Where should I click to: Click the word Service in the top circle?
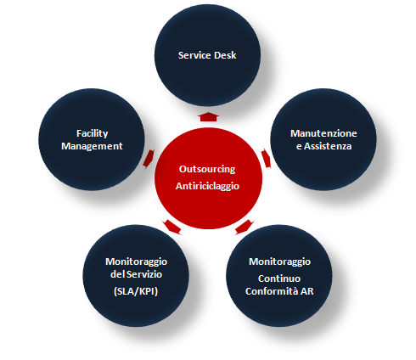pos(194,55)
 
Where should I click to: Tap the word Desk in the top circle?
pos(225,55)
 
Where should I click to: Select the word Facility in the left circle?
pos(93,133)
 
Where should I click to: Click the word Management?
pos(92,146)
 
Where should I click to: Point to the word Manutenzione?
pos(323,133)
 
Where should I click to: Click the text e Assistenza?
pos(323,146)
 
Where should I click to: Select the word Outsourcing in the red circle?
pos(207,169)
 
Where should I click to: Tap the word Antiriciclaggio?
pos(207,186)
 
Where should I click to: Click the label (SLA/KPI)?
pos(136,291)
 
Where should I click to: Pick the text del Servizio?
pos(136,274)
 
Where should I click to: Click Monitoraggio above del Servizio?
pos(137,262)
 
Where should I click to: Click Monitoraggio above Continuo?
pos(279,262)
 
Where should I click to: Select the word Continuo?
pos(279,278)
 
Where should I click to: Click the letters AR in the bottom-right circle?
pos(306,291)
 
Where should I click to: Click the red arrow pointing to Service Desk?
pos(208,116)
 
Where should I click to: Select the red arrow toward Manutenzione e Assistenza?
pos(267,159)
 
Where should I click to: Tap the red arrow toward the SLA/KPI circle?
pos(171,227)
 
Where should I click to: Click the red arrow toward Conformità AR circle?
pos(245,227)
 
